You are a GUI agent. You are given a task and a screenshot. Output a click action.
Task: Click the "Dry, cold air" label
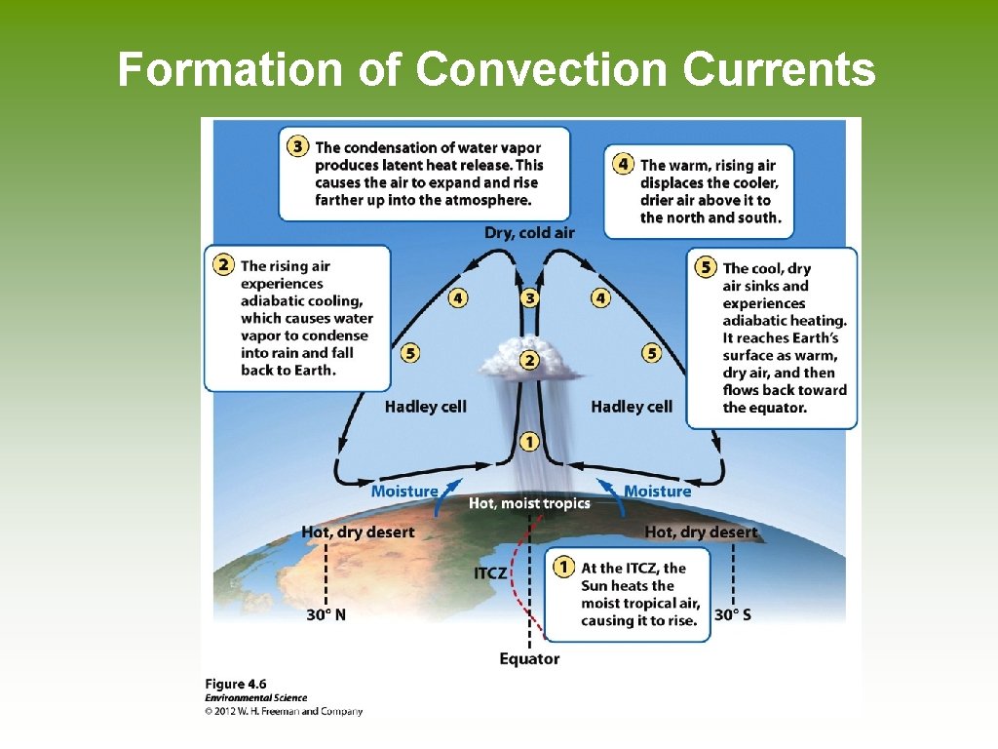[x=529, y=232]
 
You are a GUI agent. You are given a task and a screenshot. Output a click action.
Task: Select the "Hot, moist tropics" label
[x=529, y=503]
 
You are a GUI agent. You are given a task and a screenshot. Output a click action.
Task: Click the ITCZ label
[x=490, y=572]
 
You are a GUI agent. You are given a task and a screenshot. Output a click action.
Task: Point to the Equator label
[x=529, y=658]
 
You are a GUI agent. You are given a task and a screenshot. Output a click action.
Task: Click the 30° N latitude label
[x=326, y=614]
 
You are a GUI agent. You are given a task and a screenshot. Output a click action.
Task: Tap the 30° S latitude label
[x=733, y=614]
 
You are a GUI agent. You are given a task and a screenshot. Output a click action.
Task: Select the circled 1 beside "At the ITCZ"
[x=562, y=567]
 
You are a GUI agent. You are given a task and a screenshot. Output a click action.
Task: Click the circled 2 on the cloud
[x=529, y=360]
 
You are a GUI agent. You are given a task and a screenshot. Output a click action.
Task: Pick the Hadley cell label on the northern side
[x=425, y=407]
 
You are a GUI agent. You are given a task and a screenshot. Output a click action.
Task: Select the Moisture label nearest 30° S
[x=657, y=491]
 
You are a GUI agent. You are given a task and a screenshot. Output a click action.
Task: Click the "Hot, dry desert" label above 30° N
[x=358, y=532]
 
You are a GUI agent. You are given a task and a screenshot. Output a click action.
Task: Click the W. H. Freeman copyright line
[x=284, y=711]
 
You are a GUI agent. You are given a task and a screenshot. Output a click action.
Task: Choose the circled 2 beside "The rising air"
[x=224, y=265]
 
